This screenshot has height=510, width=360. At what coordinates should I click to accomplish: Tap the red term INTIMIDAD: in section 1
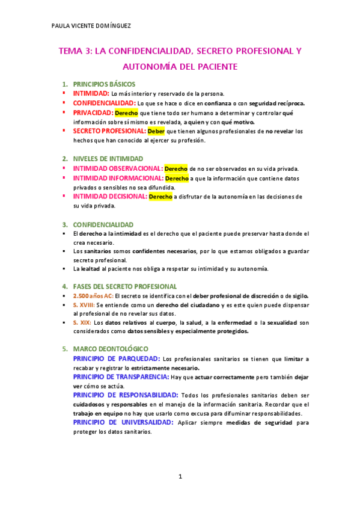point(91,94)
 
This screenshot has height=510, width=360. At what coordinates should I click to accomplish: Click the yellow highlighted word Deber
point(156,131)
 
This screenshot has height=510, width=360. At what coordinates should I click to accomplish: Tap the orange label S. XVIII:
point(84,306)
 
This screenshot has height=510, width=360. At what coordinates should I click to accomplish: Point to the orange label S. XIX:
point(80,323)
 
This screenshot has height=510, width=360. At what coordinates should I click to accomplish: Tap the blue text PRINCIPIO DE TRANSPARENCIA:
point(121,377)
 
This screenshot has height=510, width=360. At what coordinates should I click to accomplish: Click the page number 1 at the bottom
point(180,477)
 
